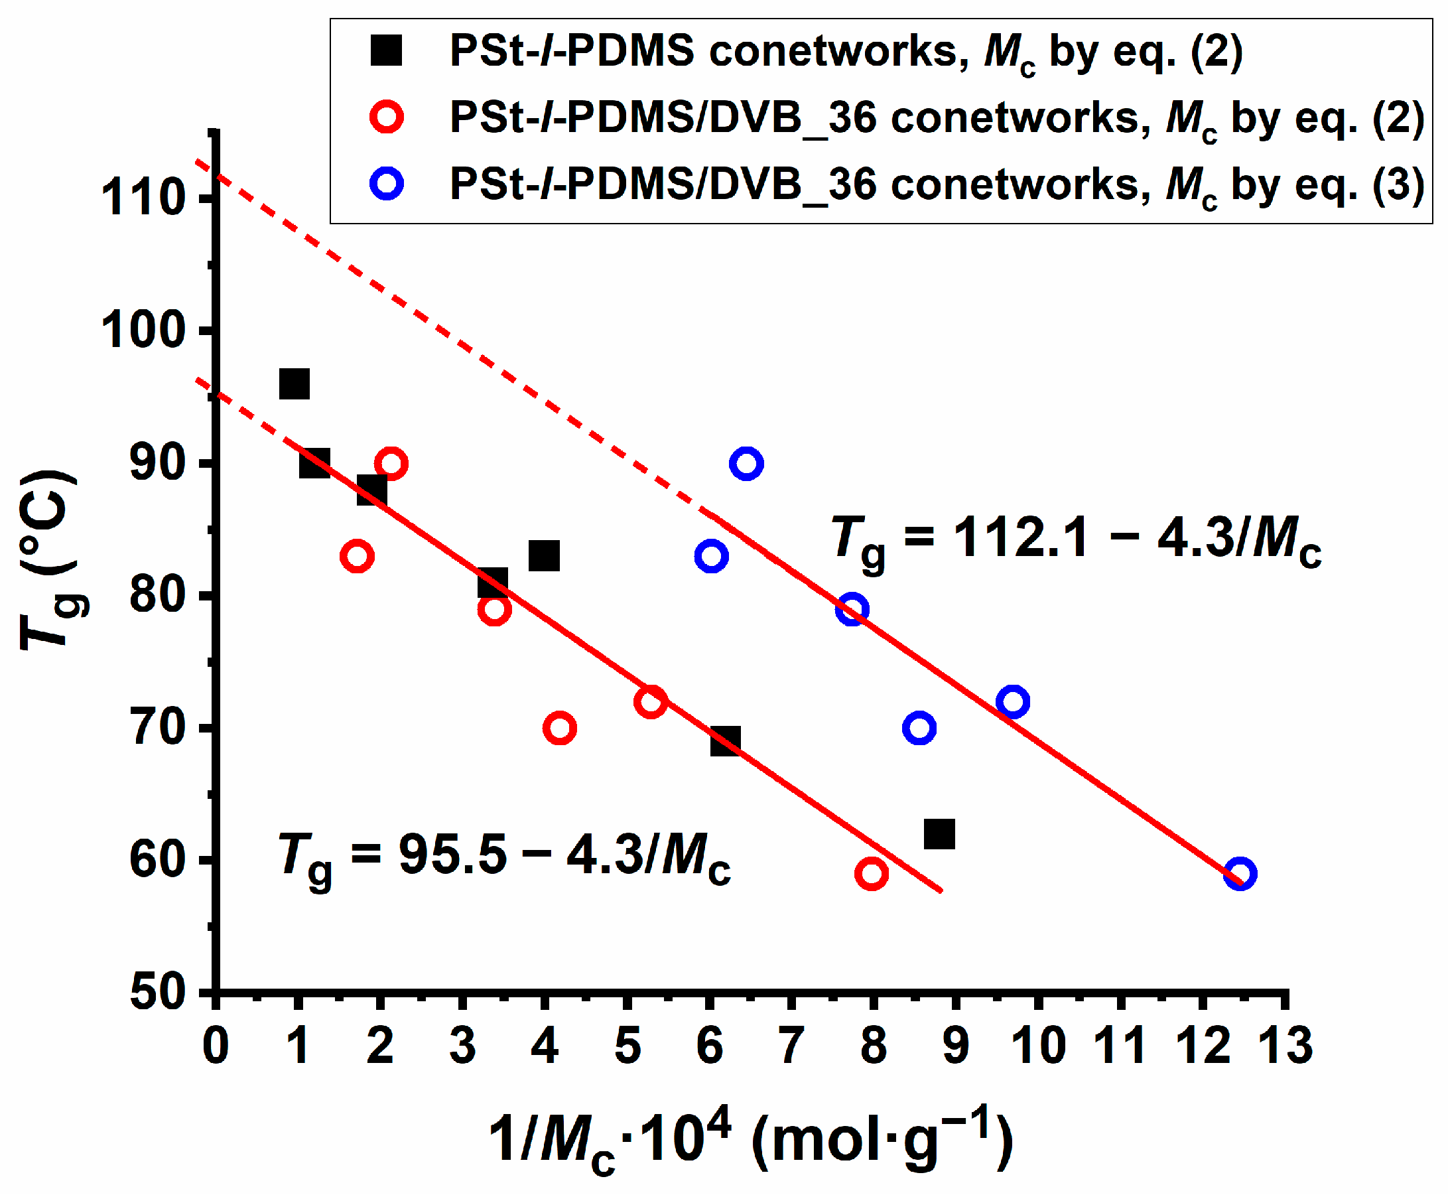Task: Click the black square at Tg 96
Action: tap(294, 384)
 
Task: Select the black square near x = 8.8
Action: tap(939, 834)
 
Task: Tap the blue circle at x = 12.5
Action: tap(1240, 874)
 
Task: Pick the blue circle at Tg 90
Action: tap(746, 463)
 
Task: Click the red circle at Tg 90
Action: tap(391, 463)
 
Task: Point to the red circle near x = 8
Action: tap(872, 874)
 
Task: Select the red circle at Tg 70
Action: tap(560, 729)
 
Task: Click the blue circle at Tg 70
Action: tap(919, 729)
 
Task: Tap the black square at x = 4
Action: tap(544, 555)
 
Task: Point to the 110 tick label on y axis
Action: tap(143, 198)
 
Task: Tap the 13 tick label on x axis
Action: tap(1284, 1045)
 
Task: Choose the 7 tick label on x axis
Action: tap(791, 1045)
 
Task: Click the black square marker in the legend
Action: tap(386, 51)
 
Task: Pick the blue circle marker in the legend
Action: tap(386, 184)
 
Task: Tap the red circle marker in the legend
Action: tap(386, 117)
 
